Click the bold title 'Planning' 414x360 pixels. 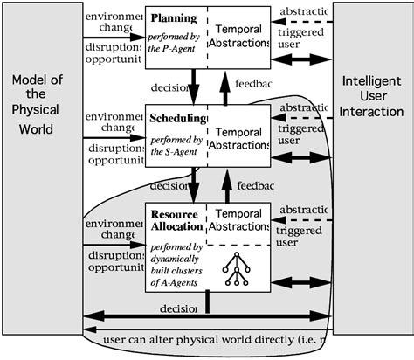(x=173, y=17)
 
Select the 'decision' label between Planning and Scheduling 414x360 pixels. (x=169, y=87)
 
